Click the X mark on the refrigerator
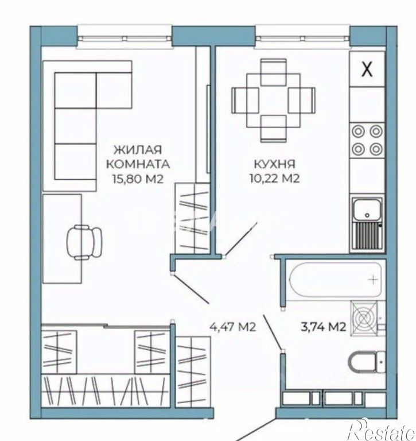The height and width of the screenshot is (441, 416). [367, 69]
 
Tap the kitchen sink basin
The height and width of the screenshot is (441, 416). [367, 209]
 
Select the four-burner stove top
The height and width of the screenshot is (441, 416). [367, 140]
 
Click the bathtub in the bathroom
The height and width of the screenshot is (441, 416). [335, 279]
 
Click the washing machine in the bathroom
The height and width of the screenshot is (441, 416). [364, 318]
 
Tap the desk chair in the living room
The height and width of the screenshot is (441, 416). [84, 242]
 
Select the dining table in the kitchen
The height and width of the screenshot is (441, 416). [274, 100]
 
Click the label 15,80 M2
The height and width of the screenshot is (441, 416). [138, 179]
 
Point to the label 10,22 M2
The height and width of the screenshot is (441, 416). [275, 179]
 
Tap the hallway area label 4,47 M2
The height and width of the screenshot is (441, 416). [233, 327]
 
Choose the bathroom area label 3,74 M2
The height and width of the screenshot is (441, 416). [323, 327]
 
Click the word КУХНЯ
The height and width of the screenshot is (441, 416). [274, 164]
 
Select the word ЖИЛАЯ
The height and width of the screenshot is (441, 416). [138, 150]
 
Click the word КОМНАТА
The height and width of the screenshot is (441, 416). [138, 164]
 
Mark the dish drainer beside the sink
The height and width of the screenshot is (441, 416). [367, 235]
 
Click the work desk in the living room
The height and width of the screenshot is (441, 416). [62, 238]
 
